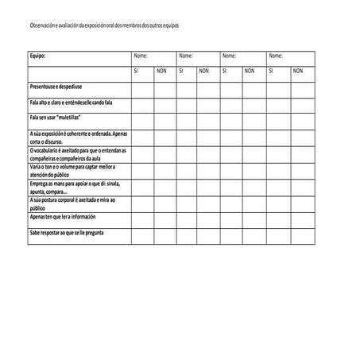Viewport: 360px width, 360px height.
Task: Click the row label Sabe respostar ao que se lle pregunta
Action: coord(68,232)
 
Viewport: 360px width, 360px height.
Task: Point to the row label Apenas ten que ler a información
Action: coord(63,216)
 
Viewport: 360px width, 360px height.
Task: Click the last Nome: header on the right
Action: coord(276,56)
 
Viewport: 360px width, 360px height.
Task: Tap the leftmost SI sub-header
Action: coord(136,71)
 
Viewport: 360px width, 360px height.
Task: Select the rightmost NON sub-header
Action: coord(297,71)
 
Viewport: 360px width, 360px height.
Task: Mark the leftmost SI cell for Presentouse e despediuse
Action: coord(142,86)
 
